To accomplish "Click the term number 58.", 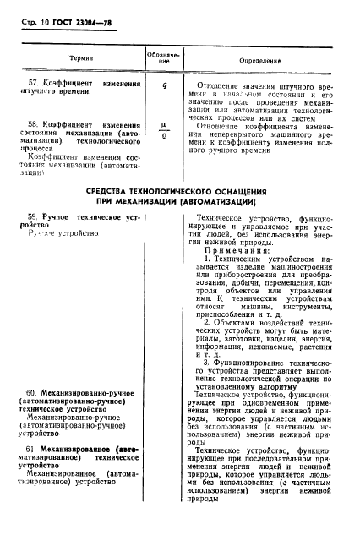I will click(x=34, y=125).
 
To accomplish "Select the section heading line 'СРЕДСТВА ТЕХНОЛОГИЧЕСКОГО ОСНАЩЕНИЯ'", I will click(x=177, y=194).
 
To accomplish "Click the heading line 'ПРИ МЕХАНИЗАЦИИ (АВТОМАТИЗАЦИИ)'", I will click(x=177, y=204).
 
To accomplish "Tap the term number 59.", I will click(x=34, y=219).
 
